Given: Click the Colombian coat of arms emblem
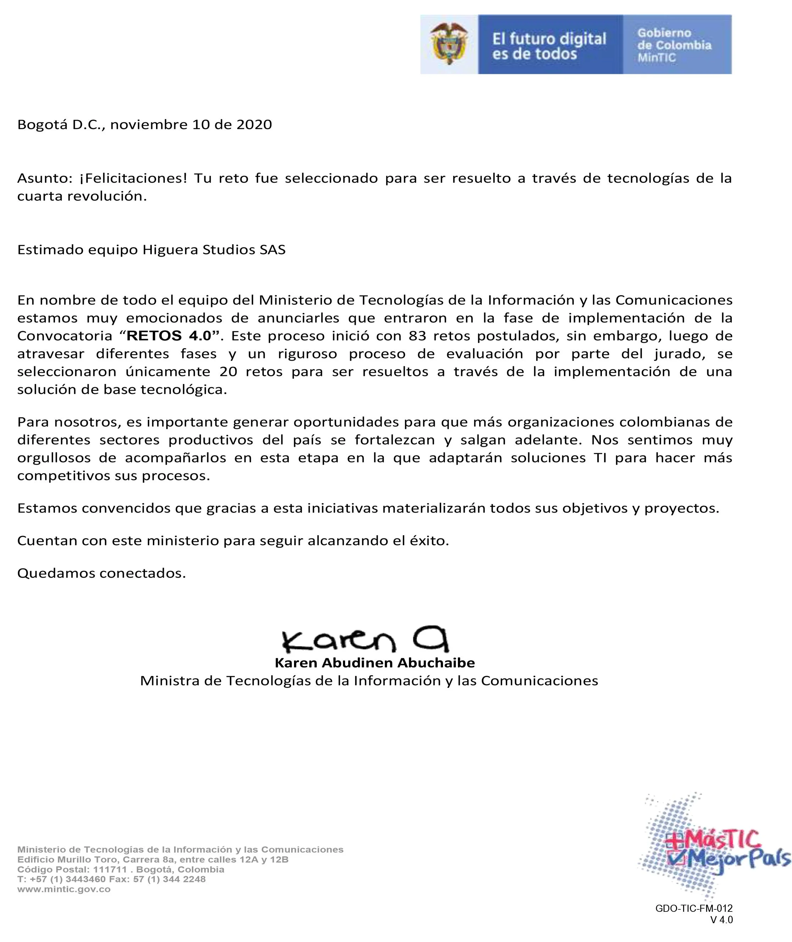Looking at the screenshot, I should (x=449, y=44).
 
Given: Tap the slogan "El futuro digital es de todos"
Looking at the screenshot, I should (x=549, y=46).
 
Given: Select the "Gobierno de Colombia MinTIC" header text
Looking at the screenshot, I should (x=674, y=45).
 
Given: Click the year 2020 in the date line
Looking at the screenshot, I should (x=254, y=125).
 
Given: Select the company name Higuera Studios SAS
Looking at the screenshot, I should (x=214, y=250).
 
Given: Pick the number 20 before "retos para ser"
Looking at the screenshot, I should (x=228, y=372).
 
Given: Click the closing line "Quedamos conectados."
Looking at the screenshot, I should (x=101, y=573).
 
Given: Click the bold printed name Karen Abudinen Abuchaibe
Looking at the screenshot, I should (x=375, y=663).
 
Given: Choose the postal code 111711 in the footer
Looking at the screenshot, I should (x=110, y=869).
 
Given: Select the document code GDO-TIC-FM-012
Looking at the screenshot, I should (x=694, y=908).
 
